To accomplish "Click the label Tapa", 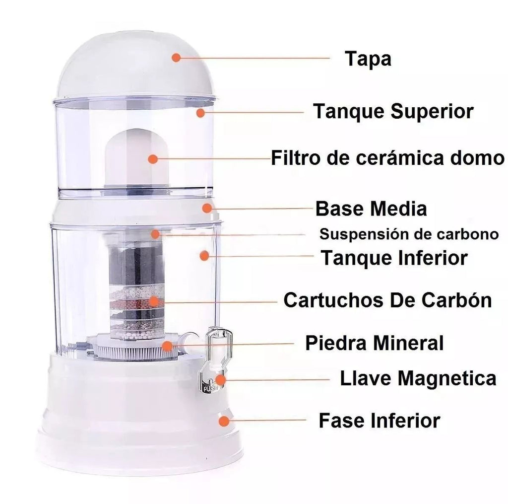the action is pos(368,59).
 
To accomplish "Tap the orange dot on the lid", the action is pos(176,58).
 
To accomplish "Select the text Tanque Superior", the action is pos(393,111).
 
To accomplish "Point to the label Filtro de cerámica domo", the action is pos(388,158).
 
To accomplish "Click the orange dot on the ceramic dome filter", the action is pos(153,159).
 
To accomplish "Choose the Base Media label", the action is pos(371,209).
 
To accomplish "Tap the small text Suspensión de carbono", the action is pos(409,234).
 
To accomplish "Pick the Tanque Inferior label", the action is pos(394,258).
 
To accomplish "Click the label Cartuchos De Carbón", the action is pos(388,300).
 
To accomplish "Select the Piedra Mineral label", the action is pos(374,343).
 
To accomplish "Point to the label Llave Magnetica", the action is pos(418,378).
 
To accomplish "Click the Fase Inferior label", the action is pos(380,421).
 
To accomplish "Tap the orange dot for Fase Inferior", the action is pos(224,421).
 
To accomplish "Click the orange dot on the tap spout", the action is pos(220,379).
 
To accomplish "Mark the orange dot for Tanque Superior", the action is pos(200,113).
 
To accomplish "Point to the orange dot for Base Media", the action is pos(207,208).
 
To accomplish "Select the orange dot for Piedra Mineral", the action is pos(167,346).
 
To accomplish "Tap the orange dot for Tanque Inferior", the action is pos(204,256).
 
